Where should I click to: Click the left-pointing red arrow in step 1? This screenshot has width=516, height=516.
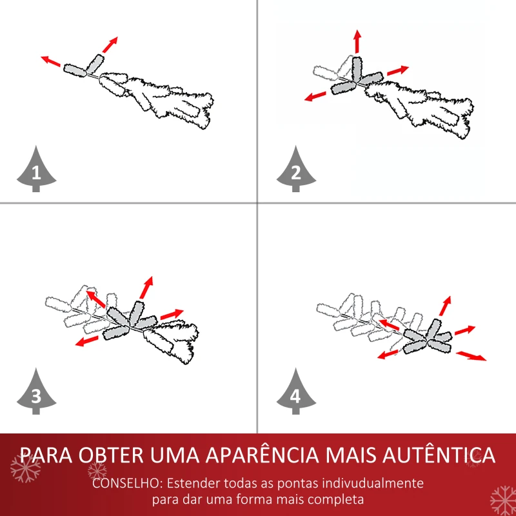51,62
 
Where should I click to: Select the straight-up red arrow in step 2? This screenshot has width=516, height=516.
357,42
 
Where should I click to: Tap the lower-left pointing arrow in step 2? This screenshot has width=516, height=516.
315,97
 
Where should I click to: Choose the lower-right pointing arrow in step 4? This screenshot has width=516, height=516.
471,355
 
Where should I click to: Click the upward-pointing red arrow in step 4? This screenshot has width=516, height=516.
445,306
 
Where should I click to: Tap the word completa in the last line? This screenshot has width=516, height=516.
336,500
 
